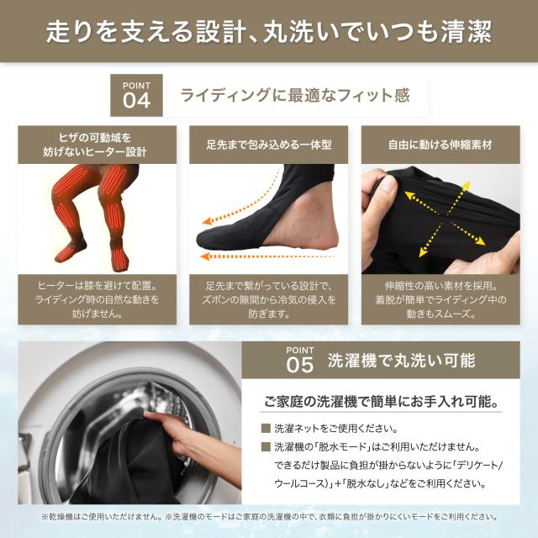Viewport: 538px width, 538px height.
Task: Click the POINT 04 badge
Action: (x=137, y=95)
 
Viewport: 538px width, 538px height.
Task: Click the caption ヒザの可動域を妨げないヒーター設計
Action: (x=98, y=145)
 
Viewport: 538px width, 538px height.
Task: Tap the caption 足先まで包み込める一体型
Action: (x=269, y=145)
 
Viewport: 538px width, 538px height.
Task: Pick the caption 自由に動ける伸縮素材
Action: (x=440, y=145)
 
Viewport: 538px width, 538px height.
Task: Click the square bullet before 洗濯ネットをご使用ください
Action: (x=266, y=428)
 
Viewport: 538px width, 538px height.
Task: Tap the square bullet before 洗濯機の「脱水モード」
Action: (x=266, y=446)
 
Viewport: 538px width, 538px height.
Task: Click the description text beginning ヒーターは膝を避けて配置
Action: (x=98, y=299)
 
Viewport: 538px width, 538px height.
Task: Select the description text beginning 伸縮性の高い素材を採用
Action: (x=440, y=299)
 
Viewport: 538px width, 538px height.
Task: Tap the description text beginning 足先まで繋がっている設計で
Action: (x=269, y=299)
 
